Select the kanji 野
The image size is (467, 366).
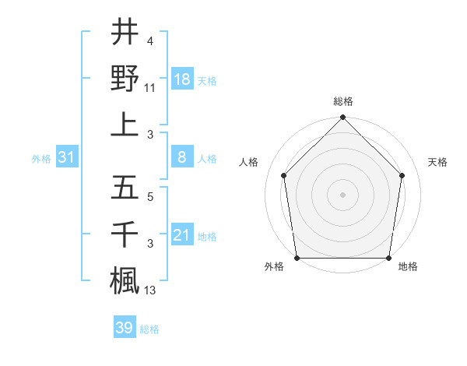125,78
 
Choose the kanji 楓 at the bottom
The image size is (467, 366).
125,278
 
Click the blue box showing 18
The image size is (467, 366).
182,79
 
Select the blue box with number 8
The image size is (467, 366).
182,158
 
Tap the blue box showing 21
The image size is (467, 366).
182,235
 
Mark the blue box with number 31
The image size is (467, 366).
67,158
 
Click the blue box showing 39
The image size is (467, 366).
125,328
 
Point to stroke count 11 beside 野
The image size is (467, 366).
151,89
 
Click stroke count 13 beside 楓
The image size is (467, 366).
151,290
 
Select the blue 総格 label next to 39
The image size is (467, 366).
149,329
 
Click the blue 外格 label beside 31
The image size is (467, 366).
41,159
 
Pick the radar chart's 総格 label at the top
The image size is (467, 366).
343,102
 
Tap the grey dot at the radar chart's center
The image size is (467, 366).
342,194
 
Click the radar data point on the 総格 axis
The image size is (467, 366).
342,118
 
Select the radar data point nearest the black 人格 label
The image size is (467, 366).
284,175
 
